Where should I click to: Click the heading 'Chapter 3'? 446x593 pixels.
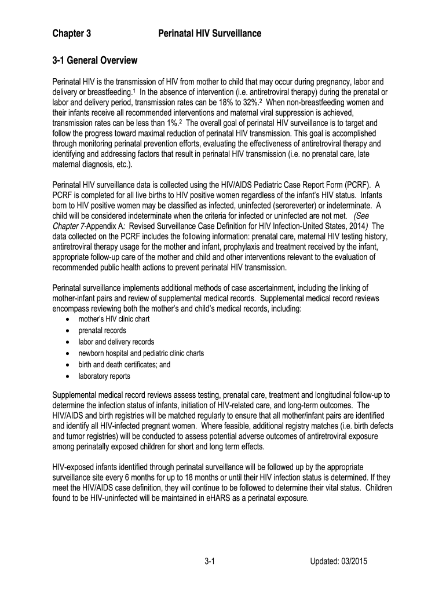(72, 34)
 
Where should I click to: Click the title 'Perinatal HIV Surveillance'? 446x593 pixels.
(210, 34)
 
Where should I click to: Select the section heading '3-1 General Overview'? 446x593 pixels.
(95, 60)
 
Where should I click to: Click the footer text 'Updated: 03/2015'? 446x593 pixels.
(339, 561)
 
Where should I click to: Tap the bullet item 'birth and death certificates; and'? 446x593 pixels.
(125, 365)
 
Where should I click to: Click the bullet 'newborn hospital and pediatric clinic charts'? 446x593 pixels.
(141, 353)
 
